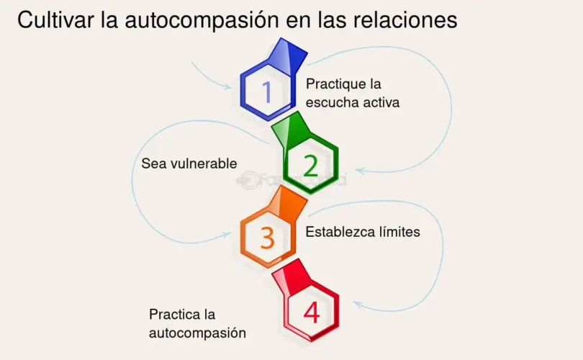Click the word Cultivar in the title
[x=55, y=19]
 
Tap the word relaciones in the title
[x=405, y=19]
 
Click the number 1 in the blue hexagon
[x=267, y=92]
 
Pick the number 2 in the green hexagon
[x=311, y=166]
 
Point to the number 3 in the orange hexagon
[x=267, y=238]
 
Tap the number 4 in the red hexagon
[x=312, y=312]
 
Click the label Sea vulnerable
[x=189, y=163]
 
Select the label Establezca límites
[x=363, y=232]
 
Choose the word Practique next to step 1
[x=335, y=84]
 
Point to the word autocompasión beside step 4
[x=197, y=333]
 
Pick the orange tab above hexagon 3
[x=288, y=204]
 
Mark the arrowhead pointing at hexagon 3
[x=227, y=235]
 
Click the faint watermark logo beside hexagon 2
[x=248, y=179]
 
